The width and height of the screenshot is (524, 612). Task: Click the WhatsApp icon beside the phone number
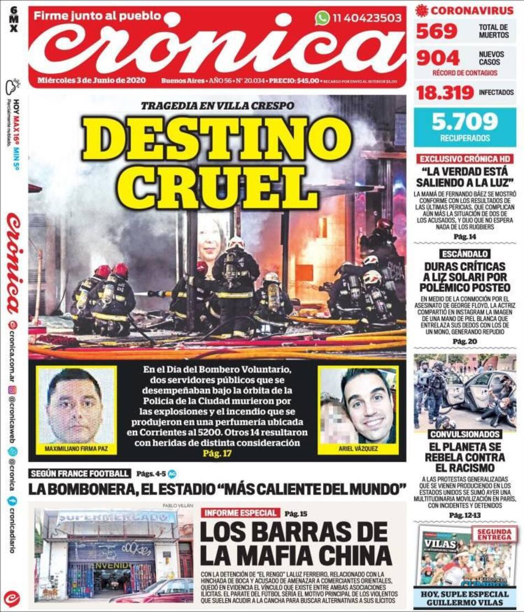tap(322, 18)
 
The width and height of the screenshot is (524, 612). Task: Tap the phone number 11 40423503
tap(366, 18)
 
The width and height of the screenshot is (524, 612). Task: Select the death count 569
tap(437, 31)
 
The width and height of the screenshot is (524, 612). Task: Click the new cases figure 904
tap(438, 58)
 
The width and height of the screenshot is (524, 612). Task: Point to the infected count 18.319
tap(445, 92)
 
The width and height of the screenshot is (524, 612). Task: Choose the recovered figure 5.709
tap(464, 122)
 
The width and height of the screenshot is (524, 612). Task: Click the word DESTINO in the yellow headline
tap(217, 139)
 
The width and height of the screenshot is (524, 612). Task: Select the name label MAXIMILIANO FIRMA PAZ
tap(76, 449)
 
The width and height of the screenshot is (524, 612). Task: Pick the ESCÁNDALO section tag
tap(465, 254)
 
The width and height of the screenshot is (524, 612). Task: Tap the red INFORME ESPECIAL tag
tap(240, 513)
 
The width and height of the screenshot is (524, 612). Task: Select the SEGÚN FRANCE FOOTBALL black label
tap(81, 473)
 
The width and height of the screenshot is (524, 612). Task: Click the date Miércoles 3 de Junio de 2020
tap(92, 80)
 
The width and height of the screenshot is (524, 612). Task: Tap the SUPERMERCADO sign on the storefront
tap(116, 517)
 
